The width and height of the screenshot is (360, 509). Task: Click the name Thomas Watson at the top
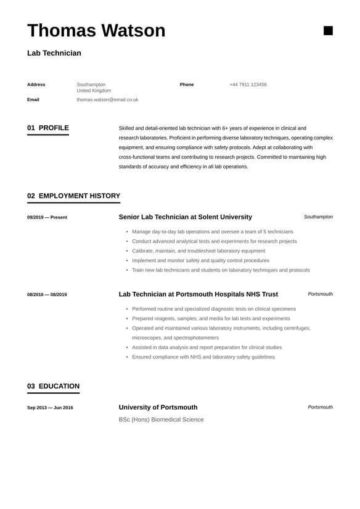coord(96,30)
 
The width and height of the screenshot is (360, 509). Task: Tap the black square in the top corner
coord(328,30)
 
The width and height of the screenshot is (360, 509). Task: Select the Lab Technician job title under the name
coord(54,53)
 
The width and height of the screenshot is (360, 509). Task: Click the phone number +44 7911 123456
coord(248,85)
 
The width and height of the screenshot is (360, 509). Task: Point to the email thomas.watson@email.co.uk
coord(107,99)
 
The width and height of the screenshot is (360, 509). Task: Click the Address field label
coord(36,85)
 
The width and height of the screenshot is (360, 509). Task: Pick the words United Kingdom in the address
coord(94,91)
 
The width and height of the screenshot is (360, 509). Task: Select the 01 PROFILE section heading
coord(48,128)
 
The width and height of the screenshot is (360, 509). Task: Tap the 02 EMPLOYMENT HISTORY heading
coord(73,196)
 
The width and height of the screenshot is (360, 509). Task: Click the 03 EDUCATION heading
coord(53,387)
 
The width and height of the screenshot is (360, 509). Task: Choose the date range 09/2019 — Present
coord(47,217)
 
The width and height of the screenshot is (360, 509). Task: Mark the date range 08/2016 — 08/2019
coord(47,294)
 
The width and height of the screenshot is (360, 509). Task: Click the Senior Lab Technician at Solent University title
coord(185,217)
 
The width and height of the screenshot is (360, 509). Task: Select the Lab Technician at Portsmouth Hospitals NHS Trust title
coord(198,294)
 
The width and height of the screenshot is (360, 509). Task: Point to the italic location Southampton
coord(318,217)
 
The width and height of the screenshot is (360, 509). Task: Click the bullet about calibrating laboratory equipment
coord(198,251)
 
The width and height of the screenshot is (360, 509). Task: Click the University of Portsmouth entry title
coord(158,407)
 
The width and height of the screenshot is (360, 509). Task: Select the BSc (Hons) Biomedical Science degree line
coord(161,420)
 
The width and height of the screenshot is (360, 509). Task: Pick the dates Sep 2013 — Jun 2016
coord(50,408)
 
